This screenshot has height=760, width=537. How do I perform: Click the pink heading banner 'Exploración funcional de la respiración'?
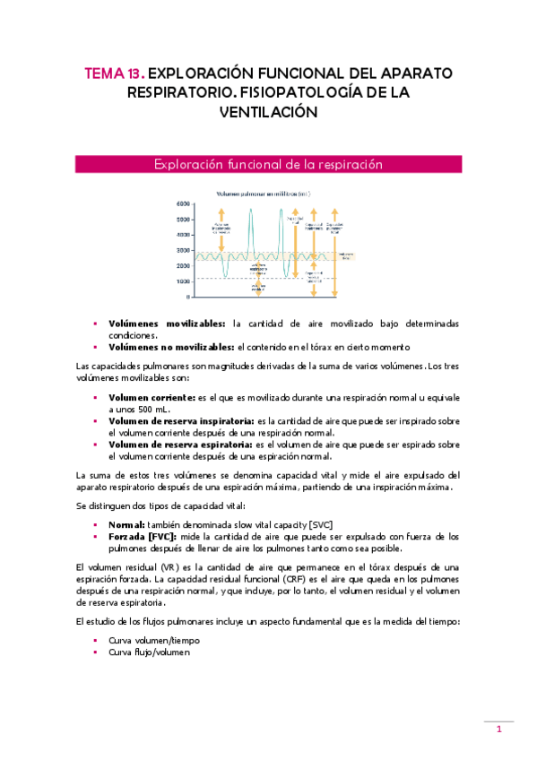(x=268, y=165)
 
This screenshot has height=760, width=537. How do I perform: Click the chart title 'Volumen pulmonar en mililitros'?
(x=262, y=194)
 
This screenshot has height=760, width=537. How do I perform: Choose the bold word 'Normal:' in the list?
(x=126, y=524)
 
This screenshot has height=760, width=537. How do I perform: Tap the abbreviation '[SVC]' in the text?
(x=336, y=524)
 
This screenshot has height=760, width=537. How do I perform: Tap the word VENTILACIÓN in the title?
(x=268, y=112)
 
